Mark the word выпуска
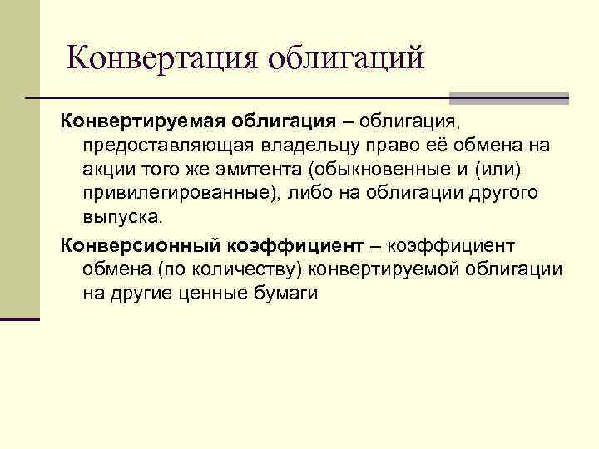tap(125, 217)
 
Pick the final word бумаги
tap(294, 294)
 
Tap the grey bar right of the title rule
tap(508, 98)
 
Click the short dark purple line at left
tap(20, 318)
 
